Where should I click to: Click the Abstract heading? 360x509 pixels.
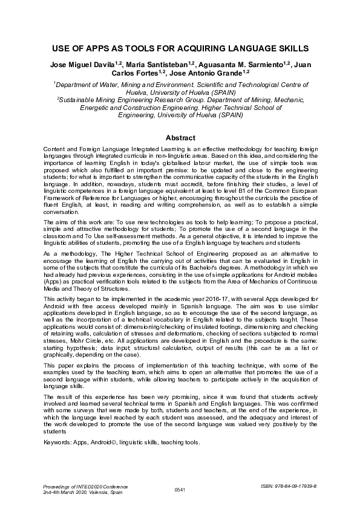click(x=180, y=138)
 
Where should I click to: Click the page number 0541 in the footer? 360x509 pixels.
click(x=180, y=488)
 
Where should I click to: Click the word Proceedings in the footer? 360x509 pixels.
click(x=59, y=485)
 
